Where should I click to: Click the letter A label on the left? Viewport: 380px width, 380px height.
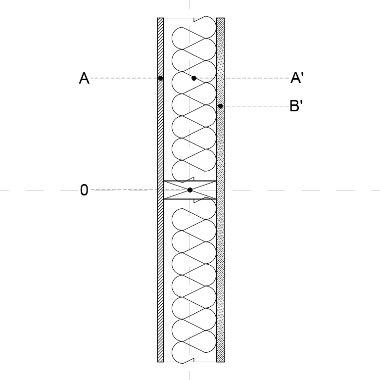84,78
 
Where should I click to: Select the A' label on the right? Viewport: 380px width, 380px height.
297,78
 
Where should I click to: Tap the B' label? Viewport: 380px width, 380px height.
296,106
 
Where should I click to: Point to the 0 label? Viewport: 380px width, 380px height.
84,190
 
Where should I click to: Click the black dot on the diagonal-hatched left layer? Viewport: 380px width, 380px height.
160,78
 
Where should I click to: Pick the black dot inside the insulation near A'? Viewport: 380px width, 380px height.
193,78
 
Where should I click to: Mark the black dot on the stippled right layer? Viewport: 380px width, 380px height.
220,106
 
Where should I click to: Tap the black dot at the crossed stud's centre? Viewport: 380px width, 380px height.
190,190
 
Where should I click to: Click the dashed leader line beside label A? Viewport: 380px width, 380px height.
124,78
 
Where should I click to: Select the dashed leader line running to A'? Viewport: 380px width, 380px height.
243,78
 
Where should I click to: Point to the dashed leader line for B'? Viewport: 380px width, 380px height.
256,106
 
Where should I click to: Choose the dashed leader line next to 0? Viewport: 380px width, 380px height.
140,190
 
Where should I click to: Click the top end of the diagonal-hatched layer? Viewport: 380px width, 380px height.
160,18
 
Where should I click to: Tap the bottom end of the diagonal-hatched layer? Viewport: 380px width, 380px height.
160,362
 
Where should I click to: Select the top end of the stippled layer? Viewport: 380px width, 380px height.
221,18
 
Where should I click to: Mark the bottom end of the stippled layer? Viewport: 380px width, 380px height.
221,362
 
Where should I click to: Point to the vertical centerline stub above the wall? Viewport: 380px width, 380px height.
190,4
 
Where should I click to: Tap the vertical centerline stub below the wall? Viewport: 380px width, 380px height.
190,376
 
